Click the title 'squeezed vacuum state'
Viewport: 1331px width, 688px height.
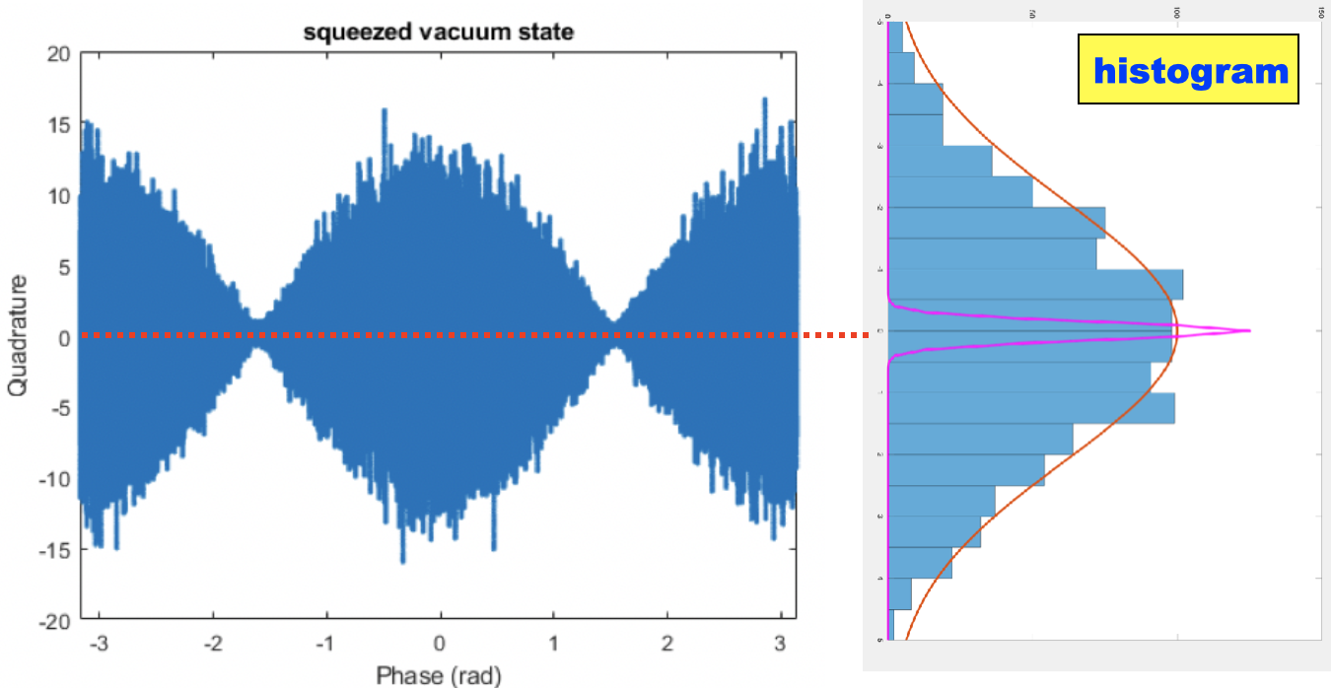point(439,33)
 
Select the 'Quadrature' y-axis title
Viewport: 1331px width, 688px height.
point(17,336)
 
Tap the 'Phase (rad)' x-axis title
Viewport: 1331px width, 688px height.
point(439,675)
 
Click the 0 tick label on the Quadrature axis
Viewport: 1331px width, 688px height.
point(62,337)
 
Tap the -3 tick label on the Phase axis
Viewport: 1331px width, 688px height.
point(99,644)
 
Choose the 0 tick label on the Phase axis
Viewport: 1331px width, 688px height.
point(441,644)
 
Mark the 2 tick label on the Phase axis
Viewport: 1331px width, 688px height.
point(667,644)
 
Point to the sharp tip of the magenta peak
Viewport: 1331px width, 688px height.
point(1249,330)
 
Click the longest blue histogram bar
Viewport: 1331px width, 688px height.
point(1035,284)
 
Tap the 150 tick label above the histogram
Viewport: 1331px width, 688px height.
point(1320,13)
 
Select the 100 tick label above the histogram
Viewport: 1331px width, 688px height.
point(1176,13)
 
